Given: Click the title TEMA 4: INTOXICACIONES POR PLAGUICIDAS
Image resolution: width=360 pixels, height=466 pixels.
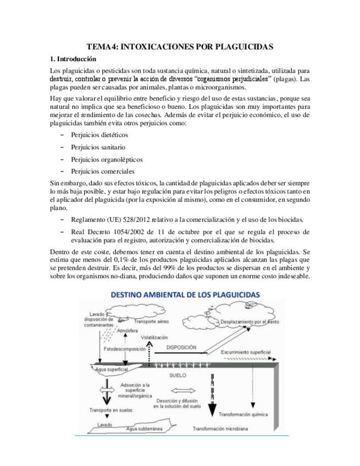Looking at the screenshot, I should (180, 47).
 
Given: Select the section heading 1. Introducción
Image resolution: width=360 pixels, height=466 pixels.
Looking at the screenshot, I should (73, 59).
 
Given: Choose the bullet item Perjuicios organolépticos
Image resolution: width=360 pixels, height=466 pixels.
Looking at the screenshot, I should (107, 159).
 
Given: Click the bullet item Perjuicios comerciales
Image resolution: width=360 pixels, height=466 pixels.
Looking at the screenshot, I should (103, 171).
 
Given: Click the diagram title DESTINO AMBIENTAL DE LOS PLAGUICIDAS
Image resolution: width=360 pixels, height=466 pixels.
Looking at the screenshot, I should (185, 295).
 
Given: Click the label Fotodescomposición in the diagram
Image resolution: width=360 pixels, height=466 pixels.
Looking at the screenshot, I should (125, 349).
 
